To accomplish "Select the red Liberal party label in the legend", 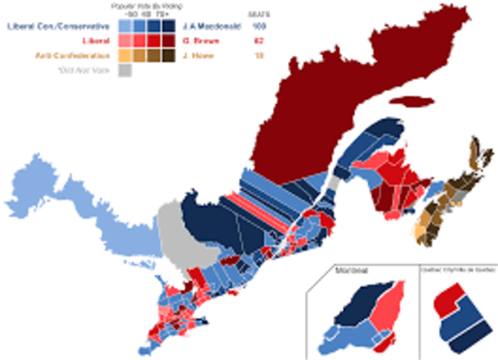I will click(x=96, y=40).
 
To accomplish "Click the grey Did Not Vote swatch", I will click(x=124, y=70).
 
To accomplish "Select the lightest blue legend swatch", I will click(x=124, y=26).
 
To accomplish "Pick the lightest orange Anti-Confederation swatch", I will click(x=124, y=55).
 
